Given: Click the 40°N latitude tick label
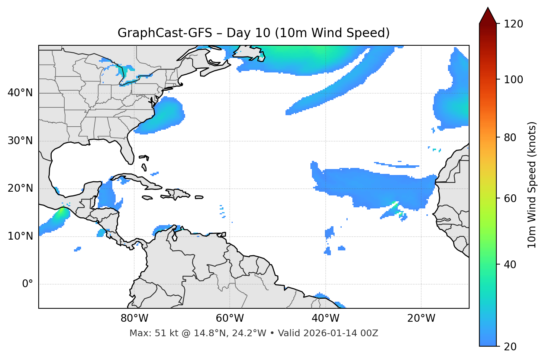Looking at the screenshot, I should [x=20, y=93].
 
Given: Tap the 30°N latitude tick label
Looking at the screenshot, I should [x=20, y=141].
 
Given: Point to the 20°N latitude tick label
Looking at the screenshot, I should [x=20, y=188].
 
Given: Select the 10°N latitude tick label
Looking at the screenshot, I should [x=20, y=236].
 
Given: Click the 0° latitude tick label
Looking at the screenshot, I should [x=28, y=284].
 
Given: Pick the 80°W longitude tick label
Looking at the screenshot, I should [x=134, y=318].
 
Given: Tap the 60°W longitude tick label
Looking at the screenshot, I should [x=230, y=318].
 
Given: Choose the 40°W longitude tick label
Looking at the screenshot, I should [x=325, y=318].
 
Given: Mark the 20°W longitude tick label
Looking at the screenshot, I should [x=421, y=318].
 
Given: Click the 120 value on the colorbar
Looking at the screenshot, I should [x=513, y=24].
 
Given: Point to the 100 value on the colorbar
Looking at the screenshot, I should [x=513, y=80].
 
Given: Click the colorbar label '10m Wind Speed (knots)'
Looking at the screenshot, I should [x=532, y=185].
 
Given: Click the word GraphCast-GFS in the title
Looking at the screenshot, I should [x=165, y=33].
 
